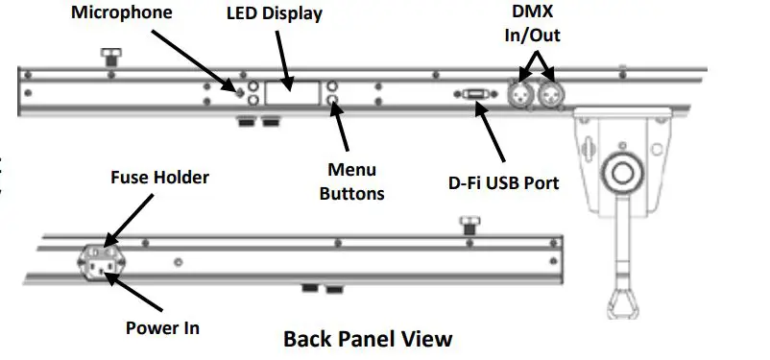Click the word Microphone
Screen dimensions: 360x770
click(x=122, y=13)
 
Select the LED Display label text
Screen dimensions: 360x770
click(x=274, y=14)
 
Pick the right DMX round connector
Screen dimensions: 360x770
click(x=550, y=94)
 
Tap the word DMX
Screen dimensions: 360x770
click(x=531, y=12)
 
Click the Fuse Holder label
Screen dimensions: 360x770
click(x=159, y=177)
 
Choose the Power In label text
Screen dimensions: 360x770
click(x=163, y=327)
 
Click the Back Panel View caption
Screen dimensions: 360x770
click(x=367, y=339)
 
